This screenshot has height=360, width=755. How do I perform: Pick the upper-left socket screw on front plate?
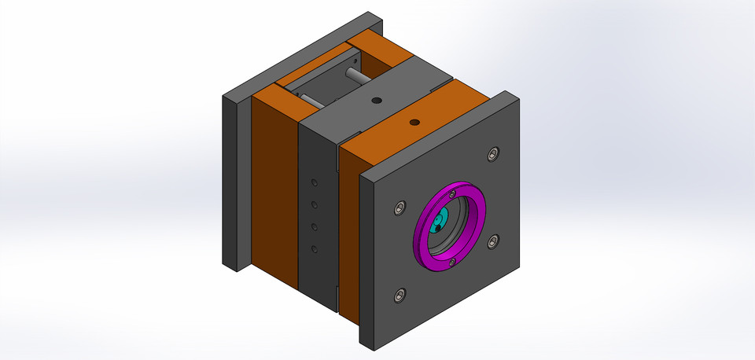click(x=399, y=208)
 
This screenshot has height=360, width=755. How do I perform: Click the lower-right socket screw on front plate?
click(x=493, y=241)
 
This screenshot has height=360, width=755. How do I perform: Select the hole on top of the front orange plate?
click(x=414, y=123)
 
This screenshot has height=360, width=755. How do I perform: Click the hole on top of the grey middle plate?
click(x=377, y=101)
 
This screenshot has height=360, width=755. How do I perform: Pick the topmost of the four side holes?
click(x=314, y=183)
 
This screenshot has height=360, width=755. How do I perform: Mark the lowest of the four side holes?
click(x=314, y=250)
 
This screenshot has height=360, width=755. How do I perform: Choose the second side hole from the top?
click(x=314, y=205)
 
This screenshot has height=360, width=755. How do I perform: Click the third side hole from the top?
click(x=314, y=227)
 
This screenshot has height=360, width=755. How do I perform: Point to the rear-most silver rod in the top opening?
click(x=356, y=76)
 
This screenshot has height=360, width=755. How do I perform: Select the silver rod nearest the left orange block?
click(x=309, y=101)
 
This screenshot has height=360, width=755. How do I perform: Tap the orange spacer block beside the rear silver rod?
click(x=376, y=47)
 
